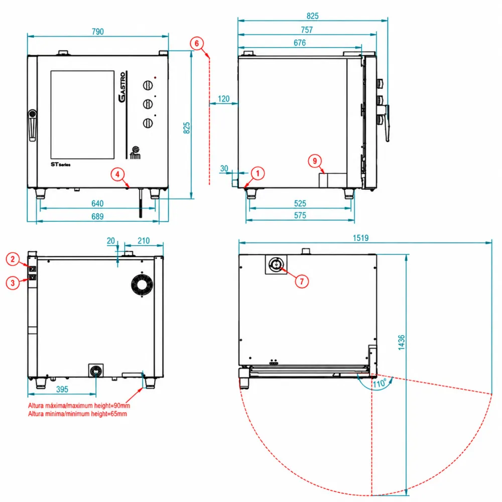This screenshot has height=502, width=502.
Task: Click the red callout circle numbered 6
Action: pos(197,43)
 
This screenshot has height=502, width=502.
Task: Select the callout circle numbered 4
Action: pos(117,175)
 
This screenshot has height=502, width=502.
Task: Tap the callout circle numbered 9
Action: pos(315,161)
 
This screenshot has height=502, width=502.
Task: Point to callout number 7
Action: pos(302,282)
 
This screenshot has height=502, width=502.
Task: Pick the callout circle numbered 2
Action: pos(13,259)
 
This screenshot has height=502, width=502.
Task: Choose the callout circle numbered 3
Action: pos(13,283)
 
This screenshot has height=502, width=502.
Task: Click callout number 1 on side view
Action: pos(258,174)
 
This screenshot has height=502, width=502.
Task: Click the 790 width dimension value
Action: pos(98,32)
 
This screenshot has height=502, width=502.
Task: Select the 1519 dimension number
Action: pos(360,238)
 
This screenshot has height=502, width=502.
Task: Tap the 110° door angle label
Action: pos(380,383)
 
